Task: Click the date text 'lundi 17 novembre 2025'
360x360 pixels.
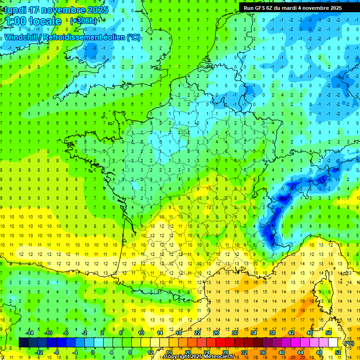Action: tap(56, 10)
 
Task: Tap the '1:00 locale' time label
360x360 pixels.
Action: tap(33, 21)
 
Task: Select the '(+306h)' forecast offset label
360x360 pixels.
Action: tap(83, 21)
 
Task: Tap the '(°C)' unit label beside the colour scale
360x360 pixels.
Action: tap(349, 343)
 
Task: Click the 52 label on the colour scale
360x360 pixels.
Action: tap(338, 352)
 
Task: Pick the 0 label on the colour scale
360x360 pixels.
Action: tap(92, 352)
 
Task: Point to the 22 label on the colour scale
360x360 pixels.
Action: tap(197, 333)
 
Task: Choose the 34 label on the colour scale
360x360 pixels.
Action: tap(254, 333)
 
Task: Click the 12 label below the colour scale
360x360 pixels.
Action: tap(150, 352)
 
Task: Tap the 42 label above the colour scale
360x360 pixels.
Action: tap(291, 333)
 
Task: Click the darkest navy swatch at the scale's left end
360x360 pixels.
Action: tap(23, 343)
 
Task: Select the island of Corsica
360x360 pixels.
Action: tap(322, 291)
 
